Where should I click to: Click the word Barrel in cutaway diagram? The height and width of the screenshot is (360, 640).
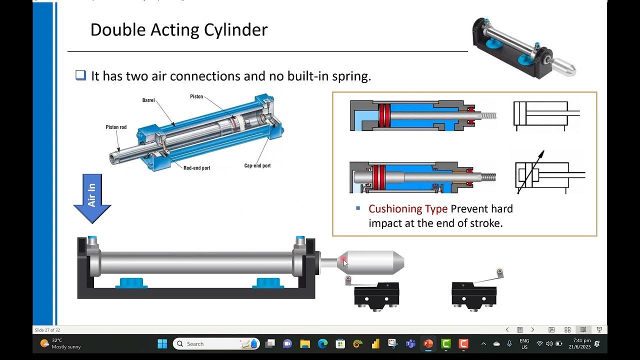[148, 100]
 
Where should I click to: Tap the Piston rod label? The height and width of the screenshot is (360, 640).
[116, 127]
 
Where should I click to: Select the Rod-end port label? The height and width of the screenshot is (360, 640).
[196, 168]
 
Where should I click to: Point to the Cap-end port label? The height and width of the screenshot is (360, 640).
[257, 165]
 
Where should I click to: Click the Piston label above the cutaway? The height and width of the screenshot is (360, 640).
[196, 96]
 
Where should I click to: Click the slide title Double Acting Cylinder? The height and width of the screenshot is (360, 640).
[178, 29]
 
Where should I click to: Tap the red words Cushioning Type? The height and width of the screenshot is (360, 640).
[408, 208]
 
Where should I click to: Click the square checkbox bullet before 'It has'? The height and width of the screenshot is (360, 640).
[80, 75]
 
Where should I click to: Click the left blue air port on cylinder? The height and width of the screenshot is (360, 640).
[92, 240]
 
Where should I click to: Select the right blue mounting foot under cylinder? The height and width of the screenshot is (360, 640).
[268, 283]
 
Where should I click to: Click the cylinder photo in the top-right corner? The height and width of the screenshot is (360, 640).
[523, 48]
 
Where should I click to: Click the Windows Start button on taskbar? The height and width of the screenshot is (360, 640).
[162, 343]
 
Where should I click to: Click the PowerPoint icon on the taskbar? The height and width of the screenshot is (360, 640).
[428, 343]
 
